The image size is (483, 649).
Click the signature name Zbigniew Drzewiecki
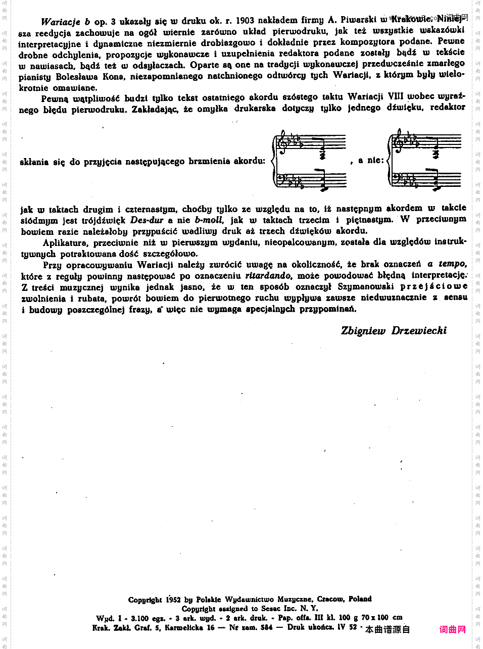coord(394,331)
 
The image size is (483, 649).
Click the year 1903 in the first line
coord(245,21)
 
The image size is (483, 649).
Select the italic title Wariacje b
coord(65,22)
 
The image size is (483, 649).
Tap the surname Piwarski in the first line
coord(358,20)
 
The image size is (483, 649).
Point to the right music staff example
coord(425,160)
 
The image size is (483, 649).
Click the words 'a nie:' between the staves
coord(371,160)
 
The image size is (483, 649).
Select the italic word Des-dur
coord(147,220)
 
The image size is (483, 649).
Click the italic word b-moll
coord(209,220)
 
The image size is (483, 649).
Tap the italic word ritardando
coord(268,276)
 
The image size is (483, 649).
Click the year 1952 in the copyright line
coord(173,600)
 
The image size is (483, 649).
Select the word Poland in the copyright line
coord(359,599)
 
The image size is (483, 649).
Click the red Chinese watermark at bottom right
coord(452,629)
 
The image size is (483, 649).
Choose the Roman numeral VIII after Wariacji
coord(396,96)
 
